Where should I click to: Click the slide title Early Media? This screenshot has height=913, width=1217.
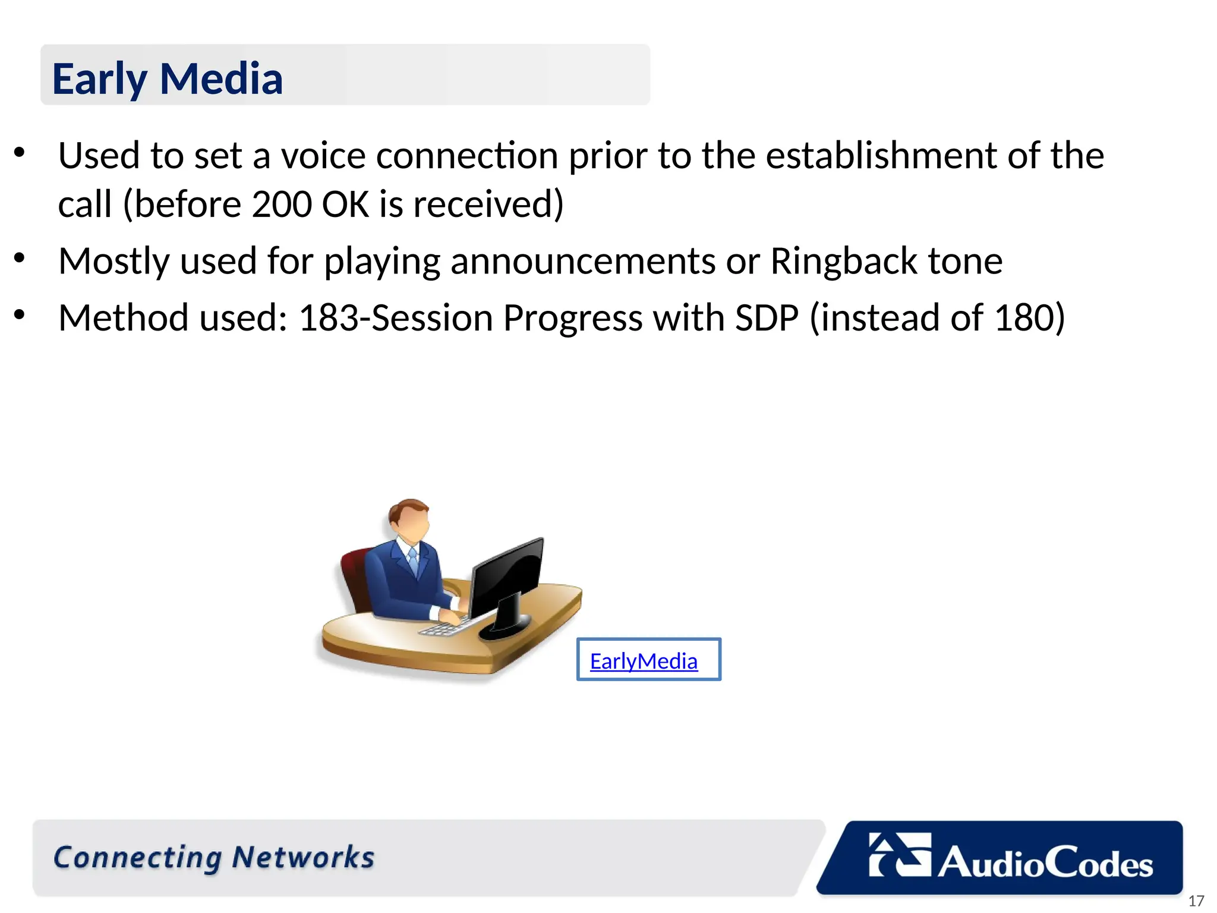[x=167, y=78]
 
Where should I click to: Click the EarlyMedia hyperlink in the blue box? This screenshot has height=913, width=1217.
[x=644, y=661]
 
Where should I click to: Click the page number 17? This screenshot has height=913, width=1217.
[x=1196, y=901]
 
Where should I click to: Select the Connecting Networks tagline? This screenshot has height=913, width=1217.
[x=214, y=857]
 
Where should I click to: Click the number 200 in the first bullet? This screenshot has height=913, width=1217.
[x=282, y=204]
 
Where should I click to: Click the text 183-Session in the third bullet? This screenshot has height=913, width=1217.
[x=395, y=317]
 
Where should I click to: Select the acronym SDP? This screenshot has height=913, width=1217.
[x=767, y=317]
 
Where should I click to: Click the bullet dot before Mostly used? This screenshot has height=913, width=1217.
[x=20, y=258]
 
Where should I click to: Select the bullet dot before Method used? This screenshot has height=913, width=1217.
[x=20, y=314]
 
